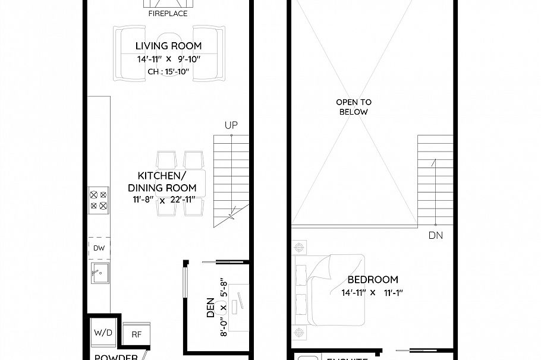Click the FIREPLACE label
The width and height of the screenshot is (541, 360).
(168, 13)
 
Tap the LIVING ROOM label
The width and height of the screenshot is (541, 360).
(168, 46)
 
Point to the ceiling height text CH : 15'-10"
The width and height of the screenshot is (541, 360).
(168, 72)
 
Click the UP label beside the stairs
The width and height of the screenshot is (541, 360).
(231, 125)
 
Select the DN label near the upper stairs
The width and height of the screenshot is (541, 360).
(435, 235)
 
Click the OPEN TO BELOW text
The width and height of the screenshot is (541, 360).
(353, 107)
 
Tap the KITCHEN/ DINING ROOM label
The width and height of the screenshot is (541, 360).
(162, 182)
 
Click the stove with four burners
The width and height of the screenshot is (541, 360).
(98, 200)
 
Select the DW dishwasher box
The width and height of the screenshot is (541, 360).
(99, 249)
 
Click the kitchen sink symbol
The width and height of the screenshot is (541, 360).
(100, 275)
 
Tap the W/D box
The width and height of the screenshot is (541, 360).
(103, 333)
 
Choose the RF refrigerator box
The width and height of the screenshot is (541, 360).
(136, 334)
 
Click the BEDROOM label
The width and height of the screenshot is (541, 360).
(373, 280)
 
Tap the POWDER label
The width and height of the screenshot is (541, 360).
(117, 357)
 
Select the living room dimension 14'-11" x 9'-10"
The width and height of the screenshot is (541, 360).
(168, 59)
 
